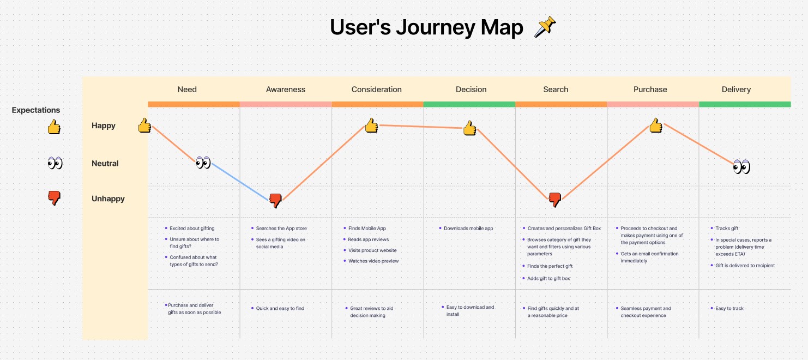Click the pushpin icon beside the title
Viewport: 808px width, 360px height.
click(x=545, y=27)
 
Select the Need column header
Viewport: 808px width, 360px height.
click(x=187, y=89)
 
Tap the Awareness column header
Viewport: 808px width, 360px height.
click(x=285, y=89)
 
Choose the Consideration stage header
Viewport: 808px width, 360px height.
click(x=376, y=89)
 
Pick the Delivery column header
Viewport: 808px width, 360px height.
click(x=736, y=89)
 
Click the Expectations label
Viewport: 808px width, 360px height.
click(x=35, y=110)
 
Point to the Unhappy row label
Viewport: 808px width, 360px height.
click(x=108, y=199)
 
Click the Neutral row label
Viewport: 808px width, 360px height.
click(x=105, y=164)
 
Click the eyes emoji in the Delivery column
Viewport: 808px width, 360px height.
click(x=741, y=167)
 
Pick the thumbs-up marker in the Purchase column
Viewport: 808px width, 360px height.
click(x=656, y=125)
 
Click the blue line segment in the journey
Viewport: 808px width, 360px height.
click(x=240, y=182)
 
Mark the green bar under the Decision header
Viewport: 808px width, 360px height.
click(x=469, y=104)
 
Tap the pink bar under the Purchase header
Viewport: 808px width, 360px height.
click(x=653, y=104)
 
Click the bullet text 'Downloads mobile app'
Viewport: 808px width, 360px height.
click(x=468, y=229)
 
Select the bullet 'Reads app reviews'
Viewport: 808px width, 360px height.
click(x=369, y=239)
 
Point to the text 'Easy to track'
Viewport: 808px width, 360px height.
click(x=729, y=308)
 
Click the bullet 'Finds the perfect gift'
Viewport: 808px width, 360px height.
click(x=550, y=266)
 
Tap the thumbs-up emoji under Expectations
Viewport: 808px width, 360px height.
click(x=54, y=127)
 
